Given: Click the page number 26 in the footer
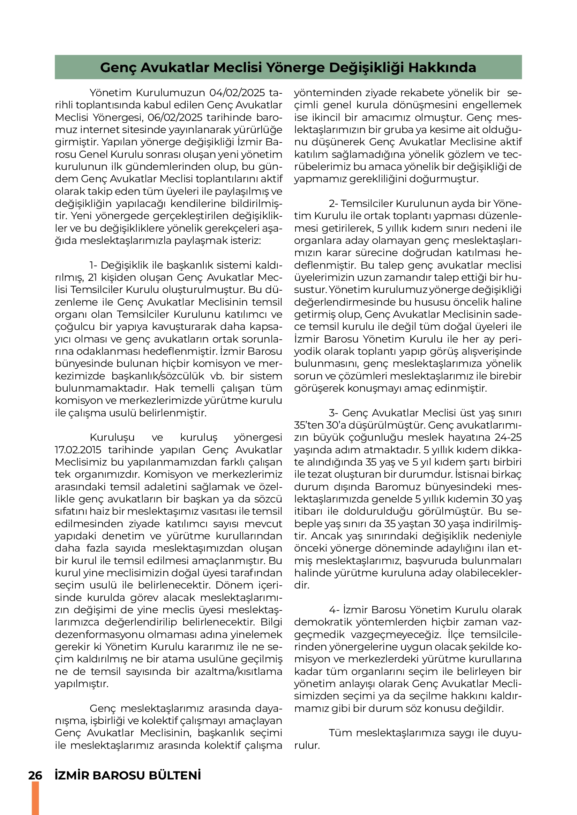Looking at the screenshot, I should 35,775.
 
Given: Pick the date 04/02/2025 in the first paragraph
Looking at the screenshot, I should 237,93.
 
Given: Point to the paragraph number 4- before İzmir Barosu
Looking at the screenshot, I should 334,610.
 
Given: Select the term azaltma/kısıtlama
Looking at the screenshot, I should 238,671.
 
